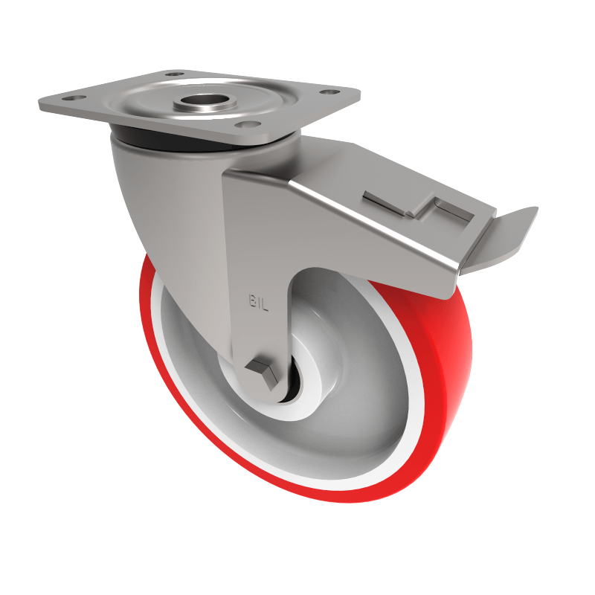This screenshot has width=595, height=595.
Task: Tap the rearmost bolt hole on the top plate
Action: [x=173, y=74]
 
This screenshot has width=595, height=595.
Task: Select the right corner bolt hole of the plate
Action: [x=325, y=92]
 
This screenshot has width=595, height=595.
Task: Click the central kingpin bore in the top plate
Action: [x=200, y=100]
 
